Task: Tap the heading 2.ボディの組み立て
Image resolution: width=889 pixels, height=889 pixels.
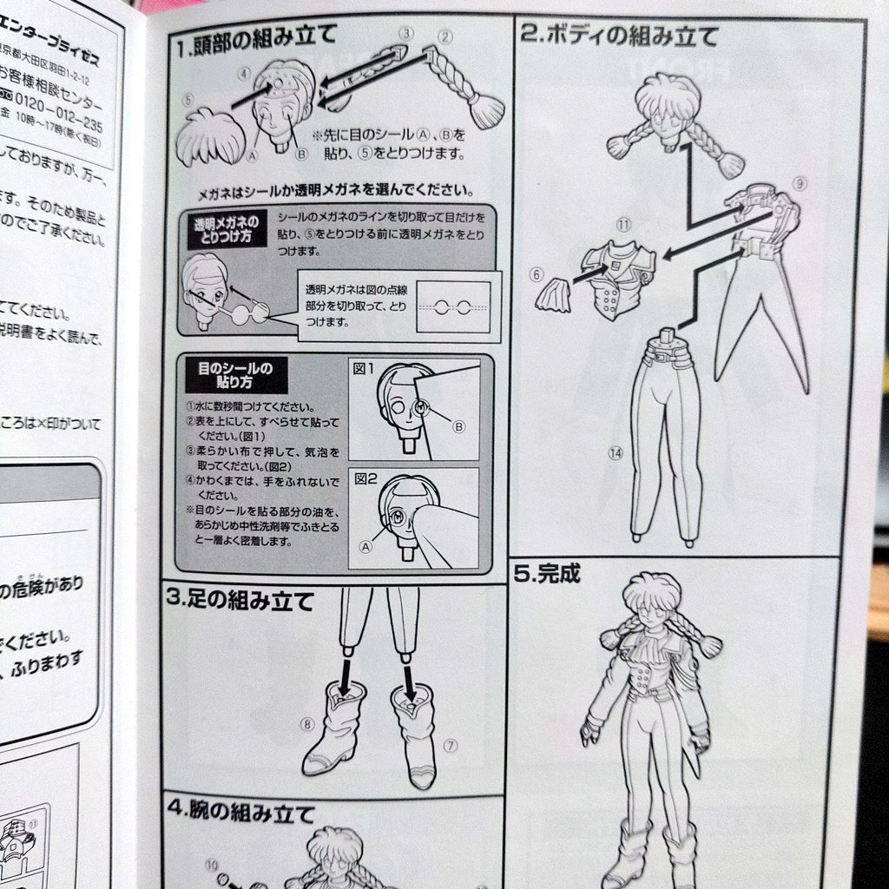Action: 620,36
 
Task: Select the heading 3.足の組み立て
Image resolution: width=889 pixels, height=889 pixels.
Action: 239,600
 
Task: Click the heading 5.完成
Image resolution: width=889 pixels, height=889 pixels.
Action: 546,574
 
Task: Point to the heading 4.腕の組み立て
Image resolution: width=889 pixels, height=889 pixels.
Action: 240,813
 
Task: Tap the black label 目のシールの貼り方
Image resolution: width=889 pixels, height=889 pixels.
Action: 234,373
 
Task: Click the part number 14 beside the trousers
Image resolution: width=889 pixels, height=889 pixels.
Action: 616,452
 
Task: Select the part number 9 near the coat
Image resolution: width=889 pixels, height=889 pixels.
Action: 800,183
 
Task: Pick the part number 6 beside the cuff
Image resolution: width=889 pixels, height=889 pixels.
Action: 536,274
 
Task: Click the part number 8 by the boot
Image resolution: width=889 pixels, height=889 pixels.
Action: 306,723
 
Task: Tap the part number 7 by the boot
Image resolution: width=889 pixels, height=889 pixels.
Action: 450,745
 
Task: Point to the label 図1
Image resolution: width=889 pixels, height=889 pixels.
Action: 363,368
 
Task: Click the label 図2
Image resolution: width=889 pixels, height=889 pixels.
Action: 363,477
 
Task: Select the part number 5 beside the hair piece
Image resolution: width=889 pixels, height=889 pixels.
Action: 188,101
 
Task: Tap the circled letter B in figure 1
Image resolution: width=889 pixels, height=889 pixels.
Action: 458,425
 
